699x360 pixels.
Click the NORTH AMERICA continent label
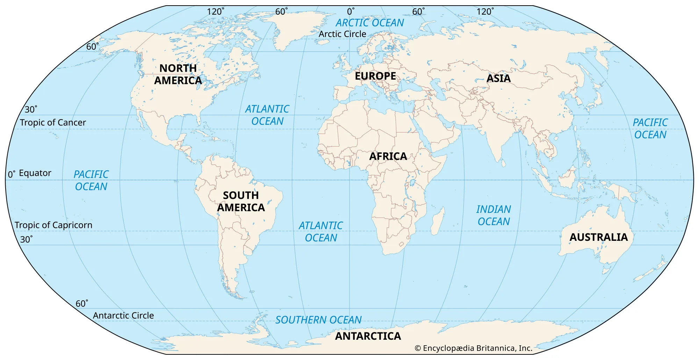click(178, 74)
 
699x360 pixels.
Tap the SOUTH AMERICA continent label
click(241, 201)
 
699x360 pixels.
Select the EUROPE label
click(375, 76)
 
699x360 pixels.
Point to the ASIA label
click(499, 78)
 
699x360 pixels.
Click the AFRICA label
click(388, 156)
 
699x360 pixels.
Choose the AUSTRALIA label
click(598, 237)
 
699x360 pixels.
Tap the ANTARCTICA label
click(368, 336)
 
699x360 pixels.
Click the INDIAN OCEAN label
click(493, 215)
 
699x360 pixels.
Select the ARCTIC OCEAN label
click(370, 23)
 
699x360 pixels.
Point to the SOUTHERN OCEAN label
click(318, 320)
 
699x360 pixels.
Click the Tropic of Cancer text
click(53, 122)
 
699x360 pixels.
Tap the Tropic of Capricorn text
click(53, 225)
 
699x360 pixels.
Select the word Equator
click(35, 173)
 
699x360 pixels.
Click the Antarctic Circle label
click(123, 315)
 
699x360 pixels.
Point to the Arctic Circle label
click(342, 34)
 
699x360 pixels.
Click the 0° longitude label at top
click(350, 12)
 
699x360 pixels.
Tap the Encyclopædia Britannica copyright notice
click(473, 348)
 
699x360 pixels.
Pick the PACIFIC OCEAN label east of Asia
click(650, 129)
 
